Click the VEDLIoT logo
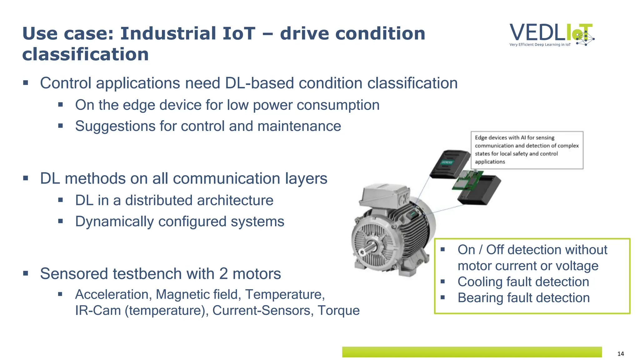552,34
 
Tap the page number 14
621,354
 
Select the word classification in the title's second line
85,54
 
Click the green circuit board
467,181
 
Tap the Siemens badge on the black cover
447,162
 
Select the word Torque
338,310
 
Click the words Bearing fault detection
523,298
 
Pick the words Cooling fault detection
523,282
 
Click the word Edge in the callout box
481,138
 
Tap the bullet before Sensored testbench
26,274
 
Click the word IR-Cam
98,310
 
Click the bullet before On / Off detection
442,249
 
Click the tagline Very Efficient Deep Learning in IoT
540,45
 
